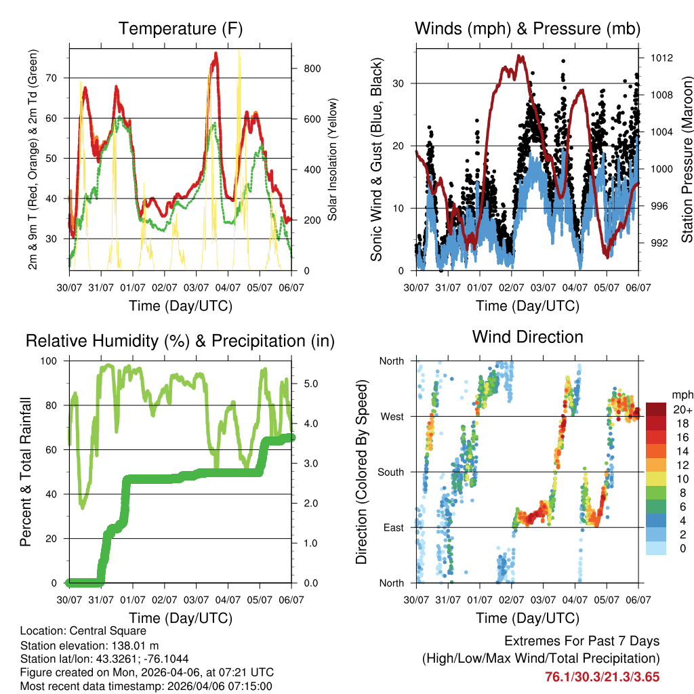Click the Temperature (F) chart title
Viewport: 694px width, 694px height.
point(180,28)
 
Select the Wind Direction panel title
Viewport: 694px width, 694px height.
point(527,337)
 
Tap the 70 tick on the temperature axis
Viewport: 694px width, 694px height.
point(58,78)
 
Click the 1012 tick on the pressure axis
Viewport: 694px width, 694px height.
point(660,58)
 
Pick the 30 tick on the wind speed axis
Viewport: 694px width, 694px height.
point(405,83)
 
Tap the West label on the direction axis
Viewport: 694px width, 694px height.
point(392,416)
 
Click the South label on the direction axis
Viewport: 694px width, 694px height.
point(390,472)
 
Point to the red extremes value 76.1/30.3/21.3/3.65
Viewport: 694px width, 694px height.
point(602,676)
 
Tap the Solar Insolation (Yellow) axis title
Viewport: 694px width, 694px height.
point(333,160)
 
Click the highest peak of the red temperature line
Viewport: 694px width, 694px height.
point(216,53)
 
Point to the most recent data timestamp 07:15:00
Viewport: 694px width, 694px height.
point(249,687)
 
